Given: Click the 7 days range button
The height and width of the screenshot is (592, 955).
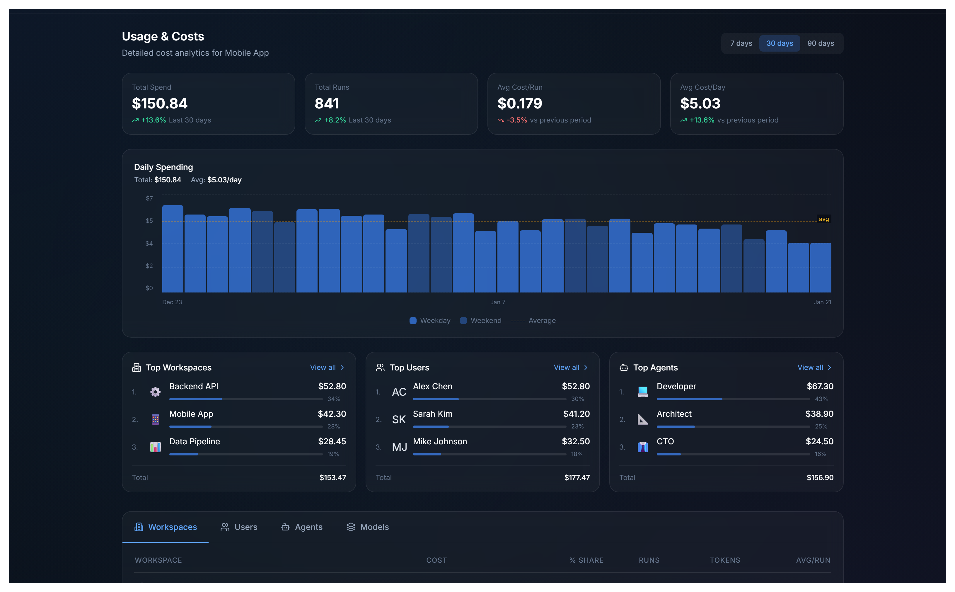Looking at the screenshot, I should [x=741, y=43].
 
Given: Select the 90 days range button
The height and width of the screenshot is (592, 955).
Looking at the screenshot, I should [x=820, y=43].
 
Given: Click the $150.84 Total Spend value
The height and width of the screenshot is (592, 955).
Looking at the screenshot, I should [x=160, y=103].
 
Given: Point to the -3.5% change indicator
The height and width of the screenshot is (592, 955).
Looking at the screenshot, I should [x=516, y=120].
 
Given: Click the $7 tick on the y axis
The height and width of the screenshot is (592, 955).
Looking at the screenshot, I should [x=149, y=198].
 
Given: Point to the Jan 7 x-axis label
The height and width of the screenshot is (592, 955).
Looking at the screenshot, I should [x=497, y=302].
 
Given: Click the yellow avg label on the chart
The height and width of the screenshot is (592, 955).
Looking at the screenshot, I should [x=823, y=219].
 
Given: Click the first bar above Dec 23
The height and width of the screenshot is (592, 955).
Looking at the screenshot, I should [x=173, y=249].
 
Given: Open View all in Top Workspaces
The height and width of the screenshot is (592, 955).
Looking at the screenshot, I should [x=326, y=367].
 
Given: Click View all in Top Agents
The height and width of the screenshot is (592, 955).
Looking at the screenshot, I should [x=814, y=367].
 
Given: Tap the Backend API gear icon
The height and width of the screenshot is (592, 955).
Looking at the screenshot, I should [x=155, y=392].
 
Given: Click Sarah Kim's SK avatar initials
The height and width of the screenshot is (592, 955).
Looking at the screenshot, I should [x=399, y=419].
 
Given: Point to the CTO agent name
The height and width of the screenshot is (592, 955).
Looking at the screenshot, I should [x=665, y=441].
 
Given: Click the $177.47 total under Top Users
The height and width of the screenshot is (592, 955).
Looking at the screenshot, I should [x=577, y=477].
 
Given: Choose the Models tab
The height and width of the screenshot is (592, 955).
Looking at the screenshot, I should [x=368, y=527].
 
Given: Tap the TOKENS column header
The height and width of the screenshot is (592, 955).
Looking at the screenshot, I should [x=725, y=560].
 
